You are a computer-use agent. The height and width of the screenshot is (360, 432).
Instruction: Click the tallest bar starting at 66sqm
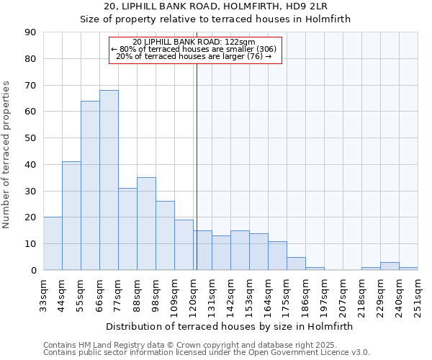pyautogui.click(x=109, y=180)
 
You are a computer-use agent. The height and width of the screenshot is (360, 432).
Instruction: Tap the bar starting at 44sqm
pyautogui.click(x=71, y=216)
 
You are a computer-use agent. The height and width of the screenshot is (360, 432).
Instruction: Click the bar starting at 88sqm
pyautogui.click(x=146, y=224)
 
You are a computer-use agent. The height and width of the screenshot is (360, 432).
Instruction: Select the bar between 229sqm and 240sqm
pyautogui.click(x=390, y=266)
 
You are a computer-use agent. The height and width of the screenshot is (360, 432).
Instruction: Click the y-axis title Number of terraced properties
pyautogui.click(x=6, y=155)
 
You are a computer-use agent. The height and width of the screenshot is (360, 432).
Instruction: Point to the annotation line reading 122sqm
pyautogui.click(x=194, y=42)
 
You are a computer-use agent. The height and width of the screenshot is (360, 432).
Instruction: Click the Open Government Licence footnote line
pyautogui.click(x=206, y=353)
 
